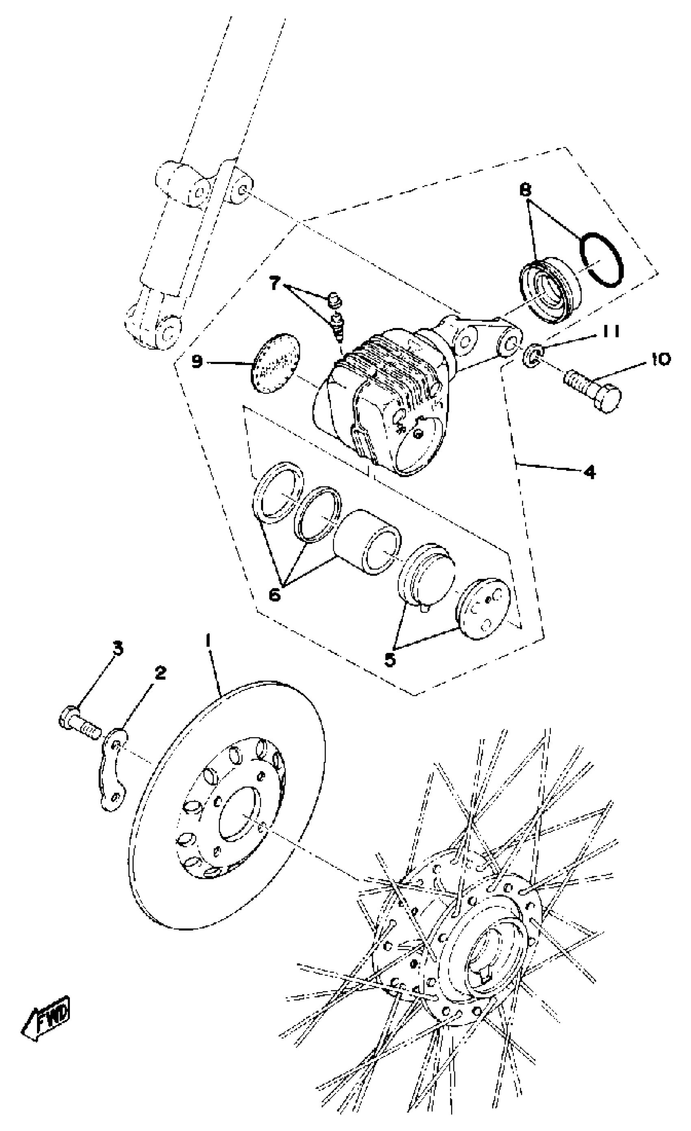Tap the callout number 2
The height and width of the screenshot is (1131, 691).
pos(160,673)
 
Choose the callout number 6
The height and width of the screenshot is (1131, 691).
pos(274,595)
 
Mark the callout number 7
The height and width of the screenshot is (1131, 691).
pos(274,284)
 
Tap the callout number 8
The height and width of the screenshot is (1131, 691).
pos(525,189)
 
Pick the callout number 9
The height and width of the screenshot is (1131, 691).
pos(197,362)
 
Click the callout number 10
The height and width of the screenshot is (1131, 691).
pos(659,359)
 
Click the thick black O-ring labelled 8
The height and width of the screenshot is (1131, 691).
pos(601,260)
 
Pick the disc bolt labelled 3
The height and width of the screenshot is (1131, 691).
pos(78,722)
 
